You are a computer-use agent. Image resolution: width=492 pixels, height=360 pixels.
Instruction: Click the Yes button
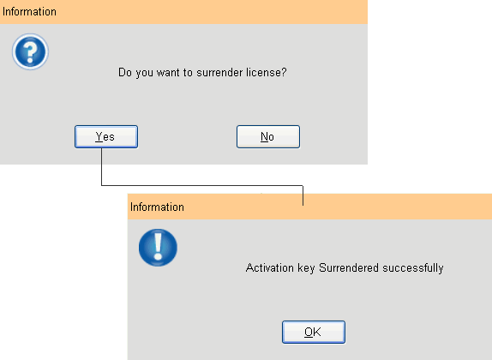[106, 136]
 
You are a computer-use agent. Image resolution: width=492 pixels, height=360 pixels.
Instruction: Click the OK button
[314, 332]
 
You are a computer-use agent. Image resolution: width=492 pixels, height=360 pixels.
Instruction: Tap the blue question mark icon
[30, 51]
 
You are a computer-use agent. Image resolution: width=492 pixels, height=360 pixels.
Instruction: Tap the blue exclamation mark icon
[158, 248]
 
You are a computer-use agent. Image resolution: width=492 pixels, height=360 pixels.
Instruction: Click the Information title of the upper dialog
[29, 12]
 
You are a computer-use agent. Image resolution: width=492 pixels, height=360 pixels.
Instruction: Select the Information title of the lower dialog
[157, 207]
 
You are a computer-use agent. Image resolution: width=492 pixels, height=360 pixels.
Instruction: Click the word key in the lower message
[306, 268]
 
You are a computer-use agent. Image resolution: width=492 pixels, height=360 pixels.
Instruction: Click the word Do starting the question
[125, 73]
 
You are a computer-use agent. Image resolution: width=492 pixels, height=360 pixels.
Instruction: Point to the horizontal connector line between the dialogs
[202, 185]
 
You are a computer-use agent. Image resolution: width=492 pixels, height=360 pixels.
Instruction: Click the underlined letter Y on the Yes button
[99, 137]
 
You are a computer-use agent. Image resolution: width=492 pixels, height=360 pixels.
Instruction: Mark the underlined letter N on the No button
[264, 137]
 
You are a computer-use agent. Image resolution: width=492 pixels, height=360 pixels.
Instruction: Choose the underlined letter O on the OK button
[308, 332]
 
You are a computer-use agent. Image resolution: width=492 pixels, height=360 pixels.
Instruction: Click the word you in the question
[144, 74]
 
